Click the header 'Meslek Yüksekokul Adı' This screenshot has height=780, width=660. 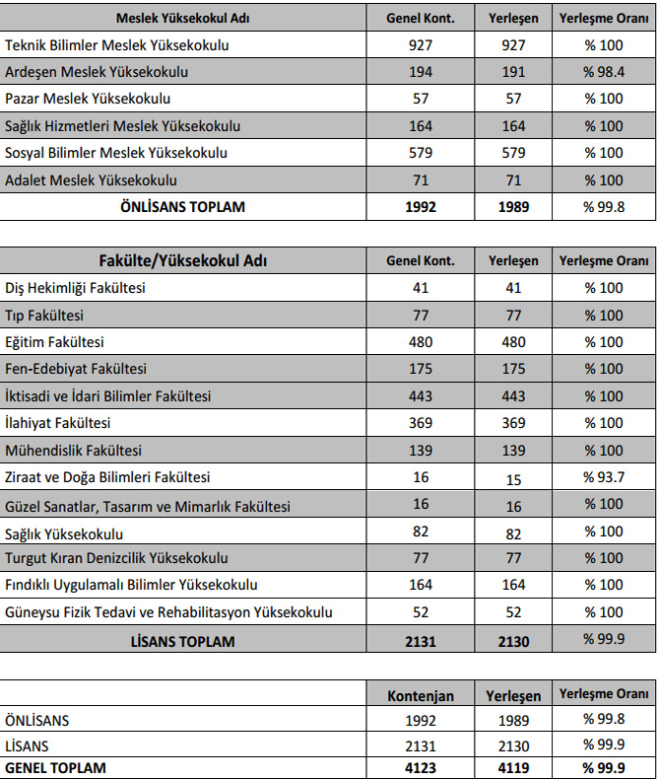pos(182,19)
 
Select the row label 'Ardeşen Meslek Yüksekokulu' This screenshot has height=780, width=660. pos(97,72)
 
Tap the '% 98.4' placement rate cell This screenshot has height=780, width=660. pos(604,72)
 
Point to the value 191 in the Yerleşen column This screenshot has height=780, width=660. pos(513,72)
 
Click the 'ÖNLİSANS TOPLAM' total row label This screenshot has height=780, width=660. pos(182,207)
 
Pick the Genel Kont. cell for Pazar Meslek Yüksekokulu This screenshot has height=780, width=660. pos(421,99)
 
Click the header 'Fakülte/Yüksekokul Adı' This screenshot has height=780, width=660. pos(183,261)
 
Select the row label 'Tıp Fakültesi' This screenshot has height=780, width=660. pos(44,316)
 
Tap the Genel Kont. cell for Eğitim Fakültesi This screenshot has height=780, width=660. pos(421,342)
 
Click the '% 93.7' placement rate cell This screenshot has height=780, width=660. pos(604,477)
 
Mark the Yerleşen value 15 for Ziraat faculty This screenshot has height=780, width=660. pos(513,477)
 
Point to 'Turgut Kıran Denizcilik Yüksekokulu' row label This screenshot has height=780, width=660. pos(116,558)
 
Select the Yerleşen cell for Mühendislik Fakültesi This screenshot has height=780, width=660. pos(513,451)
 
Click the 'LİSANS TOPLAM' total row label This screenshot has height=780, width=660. pos(182,641)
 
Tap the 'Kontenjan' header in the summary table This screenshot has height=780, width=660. pos(421,695)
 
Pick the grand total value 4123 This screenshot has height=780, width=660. pos(421,767)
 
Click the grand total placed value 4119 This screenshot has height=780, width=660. pos(513,767)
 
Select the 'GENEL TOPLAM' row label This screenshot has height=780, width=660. pos(55,767)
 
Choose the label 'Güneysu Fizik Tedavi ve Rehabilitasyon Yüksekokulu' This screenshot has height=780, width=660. pos(168,611)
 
